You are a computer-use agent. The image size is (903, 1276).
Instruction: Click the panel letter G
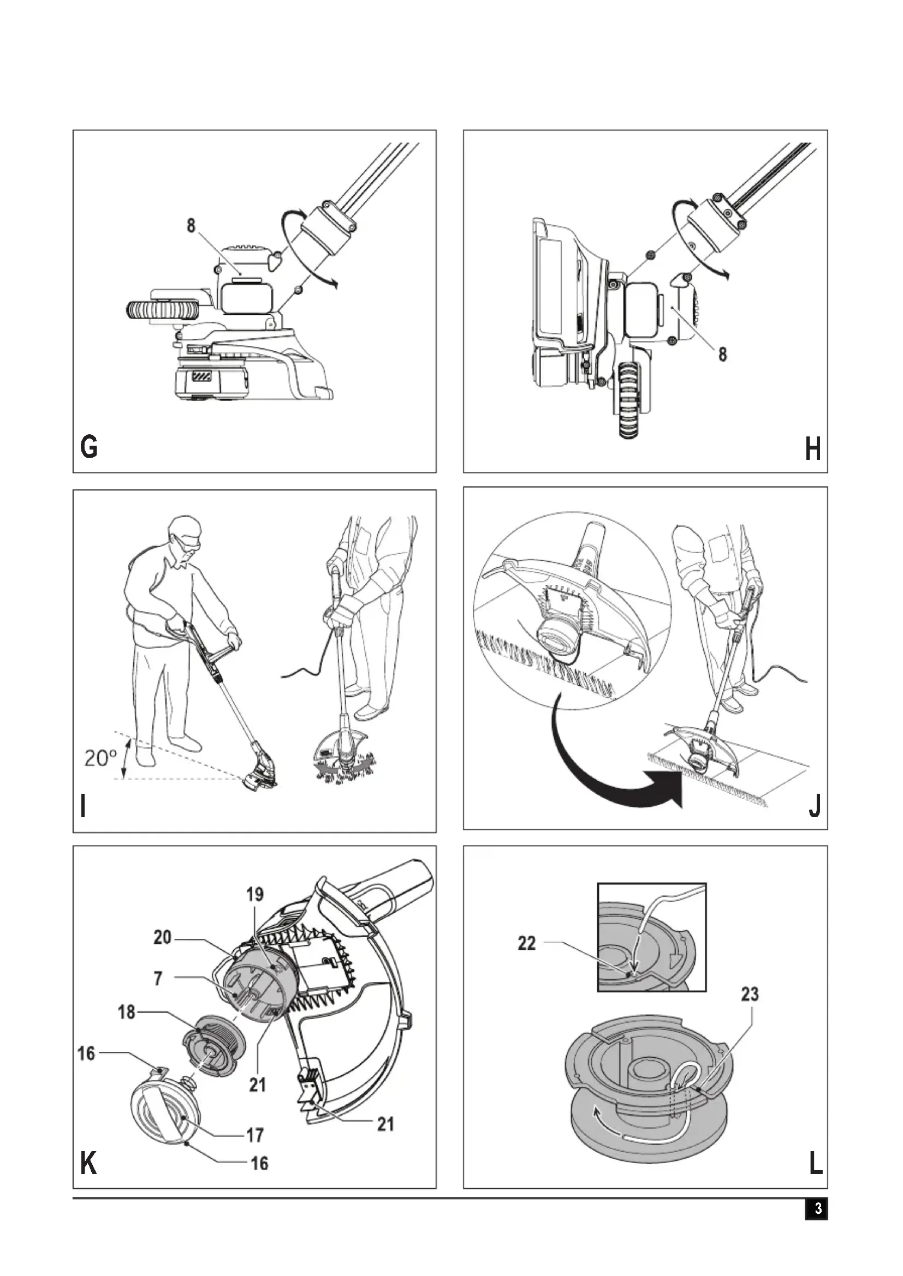tap(89, 447)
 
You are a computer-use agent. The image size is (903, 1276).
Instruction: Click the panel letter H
tap(813, 448)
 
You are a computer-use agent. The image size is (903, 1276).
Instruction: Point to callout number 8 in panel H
tap(722, 354)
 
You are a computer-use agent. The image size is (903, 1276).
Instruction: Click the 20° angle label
tap(100, 758)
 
